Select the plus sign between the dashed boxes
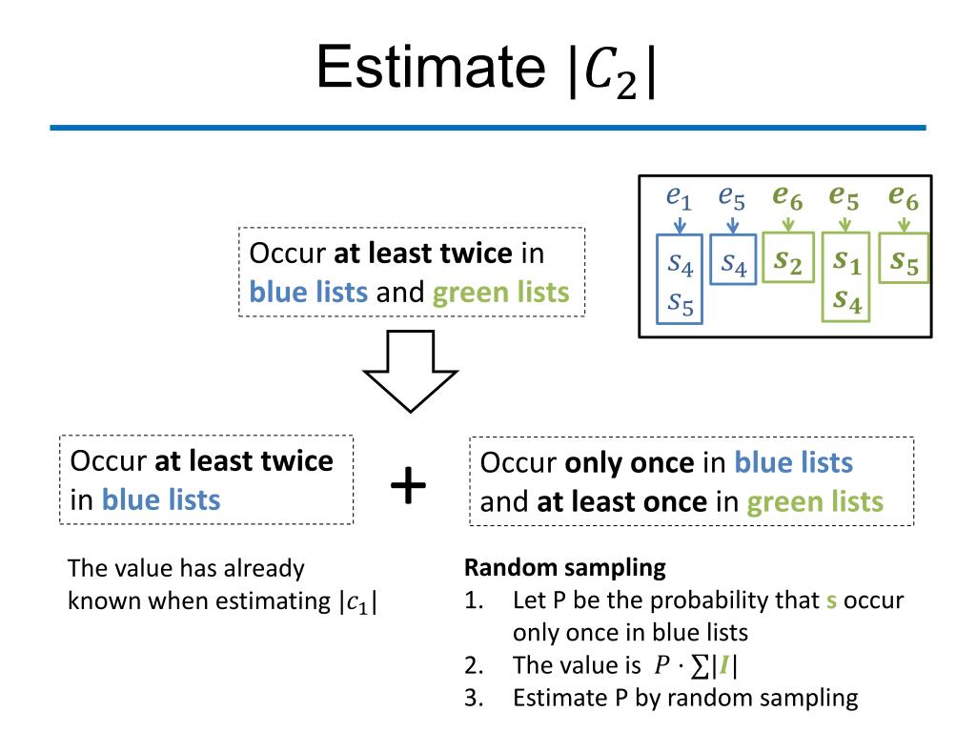(x=409, y=486)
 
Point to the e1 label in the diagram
(x=679, y=197)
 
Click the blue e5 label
(x=732, y=197)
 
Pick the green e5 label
(x=844, y=197)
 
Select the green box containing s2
(x=788, y=259)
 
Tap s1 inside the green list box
(x=845, y=260)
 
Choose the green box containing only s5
(x=904, y=259)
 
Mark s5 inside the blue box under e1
(x=680, y=302)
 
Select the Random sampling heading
(x=564, y=568)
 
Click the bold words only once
(x=629, y=463)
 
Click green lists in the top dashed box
(x=500, y=293)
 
